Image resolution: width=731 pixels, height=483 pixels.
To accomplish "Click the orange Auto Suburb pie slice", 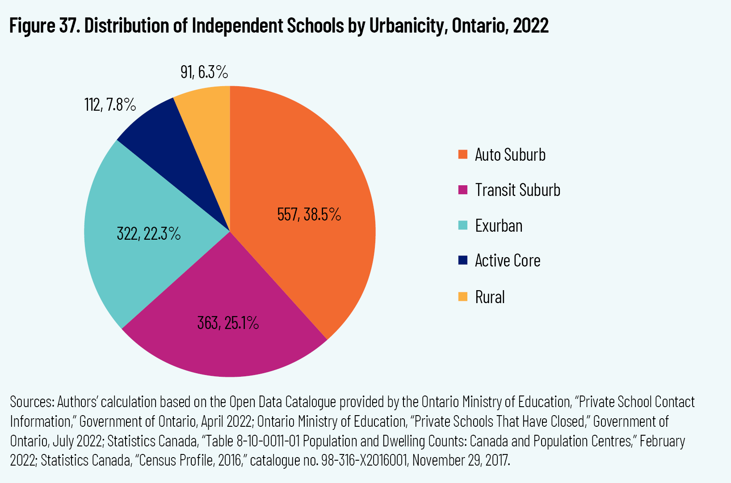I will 308,170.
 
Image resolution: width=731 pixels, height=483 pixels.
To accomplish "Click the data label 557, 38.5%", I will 309,215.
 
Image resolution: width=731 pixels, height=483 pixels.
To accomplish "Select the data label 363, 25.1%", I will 228,323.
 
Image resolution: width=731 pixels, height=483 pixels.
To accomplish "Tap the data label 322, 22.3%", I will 148,233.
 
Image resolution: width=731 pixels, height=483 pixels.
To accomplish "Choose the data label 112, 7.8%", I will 110,105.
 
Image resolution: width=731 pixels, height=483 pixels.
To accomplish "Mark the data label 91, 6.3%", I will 204,72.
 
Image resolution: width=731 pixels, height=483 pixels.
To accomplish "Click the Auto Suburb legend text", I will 510,155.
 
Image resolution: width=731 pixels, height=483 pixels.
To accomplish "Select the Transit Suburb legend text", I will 517,190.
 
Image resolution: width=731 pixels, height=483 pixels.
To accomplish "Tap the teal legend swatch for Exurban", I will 463,225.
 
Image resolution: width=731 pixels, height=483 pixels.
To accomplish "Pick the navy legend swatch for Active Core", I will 463,260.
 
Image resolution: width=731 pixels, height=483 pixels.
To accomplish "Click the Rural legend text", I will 490,297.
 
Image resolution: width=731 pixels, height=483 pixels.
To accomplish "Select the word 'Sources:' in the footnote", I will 32,402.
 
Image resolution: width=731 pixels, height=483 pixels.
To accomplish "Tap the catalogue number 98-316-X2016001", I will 362,460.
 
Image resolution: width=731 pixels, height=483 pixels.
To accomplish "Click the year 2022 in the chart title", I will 531,26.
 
